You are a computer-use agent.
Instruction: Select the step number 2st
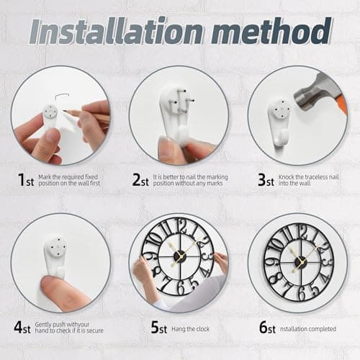click(x=141, y=180)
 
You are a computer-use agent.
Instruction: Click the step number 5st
click(x=159, y=326)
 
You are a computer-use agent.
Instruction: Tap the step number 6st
click(x=267, y=326)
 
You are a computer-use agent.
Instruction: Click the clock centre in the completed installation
click(x=300, y=261)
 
